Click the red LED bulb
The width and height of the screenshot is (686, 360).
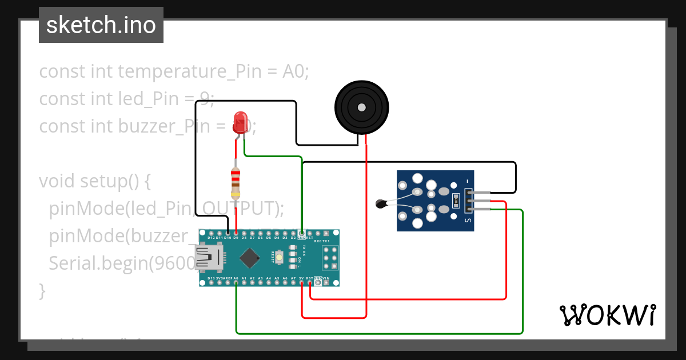click(241, 122)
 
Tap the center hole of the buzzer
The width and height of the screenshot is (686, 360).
click(361, 107)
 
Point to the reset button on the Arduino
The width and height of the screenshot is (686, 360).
click(280, 258)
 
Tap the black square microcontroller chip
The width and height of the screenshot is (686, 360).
click(249, 258)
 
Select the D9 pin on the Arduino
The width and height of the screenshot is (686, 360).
click(236, 234)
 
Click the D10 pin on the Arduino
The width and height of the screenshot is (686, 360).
click(228, 234)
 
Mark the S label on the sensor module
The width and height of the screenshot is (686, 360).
click(468, 220)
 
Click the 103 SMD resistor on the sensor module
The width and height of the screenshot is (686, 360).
click(456, 201)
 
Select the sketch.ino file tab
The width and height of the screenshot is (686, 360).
click(101, 25)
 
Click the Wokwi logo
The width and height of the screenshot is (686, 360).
click(607, 315)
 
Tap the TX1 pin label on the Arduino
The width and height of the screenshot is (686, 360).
click(326, 241)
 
